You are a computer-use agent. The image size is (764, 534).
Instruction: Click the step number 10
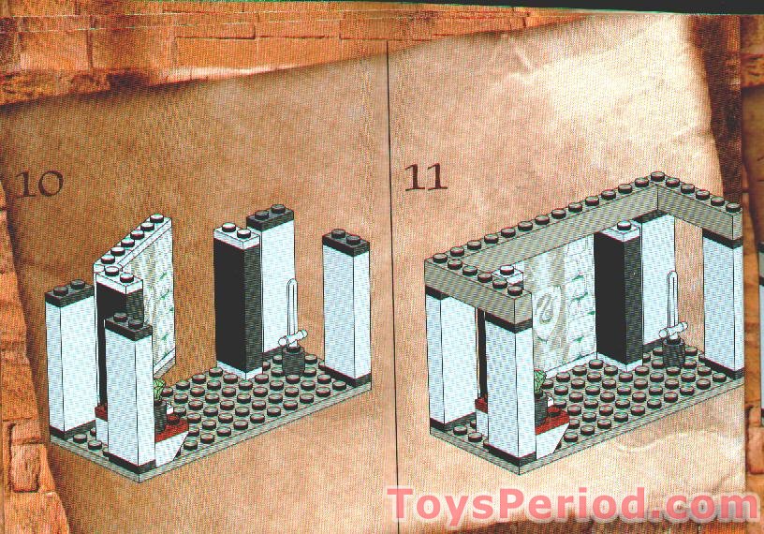(x=38, y=183)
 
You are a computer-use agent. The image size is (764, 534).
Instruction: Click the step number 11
(x=425, y=177)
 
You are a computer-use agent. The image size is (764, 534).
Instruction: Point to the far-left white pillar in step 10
(x=69, y=361)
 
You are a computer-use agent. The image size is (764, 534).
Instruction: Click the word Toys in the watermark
(x=437, y=504)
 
